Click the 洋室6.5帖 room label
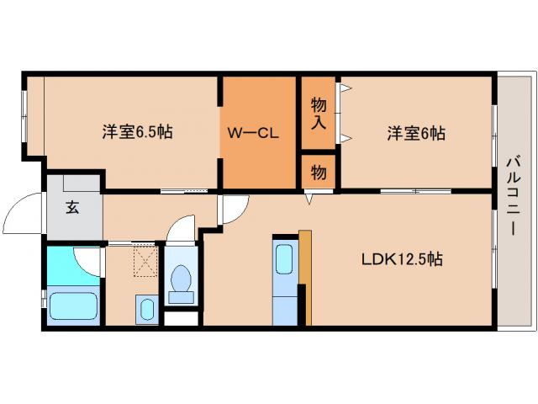(138, 132)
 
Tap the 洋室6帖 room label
(416, 132)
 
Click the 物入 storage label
(318, 114)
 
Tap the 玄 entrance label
(73, 208)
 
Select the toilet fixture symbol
(180, 281)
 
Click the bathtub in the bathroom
(75, 305)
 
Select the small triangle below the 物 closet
(310, 199)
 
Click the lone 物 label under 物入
(318, 172)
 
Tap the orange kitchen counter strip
(305, 276)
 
